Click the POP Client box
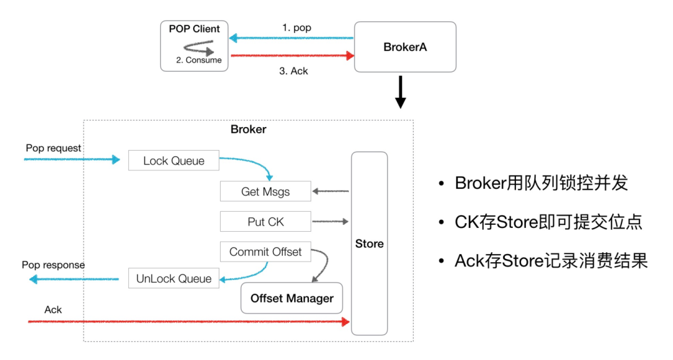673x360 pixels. [194, 46]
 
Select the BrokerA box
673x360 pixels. [405, 47]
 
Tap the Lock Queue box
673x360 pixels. [174, 161]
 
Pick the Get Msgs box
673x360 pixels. [265, 191]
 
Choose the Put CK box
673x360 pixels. [265, 221]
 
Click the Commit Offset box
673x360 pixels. [265, 252]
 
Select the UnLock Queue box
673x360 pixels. [174, 278]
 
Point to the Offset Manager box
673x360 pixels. [292, 298]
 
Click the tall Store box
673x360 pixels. [370, 244]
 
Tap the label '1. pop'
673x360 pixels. [297, 27]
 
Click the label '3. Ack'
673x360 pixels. [294, 71]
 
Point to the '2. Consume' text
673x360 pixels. [199, 60]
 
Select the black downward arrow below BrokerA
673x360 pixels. [401, 92]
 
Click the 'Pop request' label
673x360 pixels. [53, 148]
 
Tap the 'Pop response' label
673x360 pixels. [53, 265]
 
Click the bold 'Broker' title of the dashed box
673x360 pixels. [249, 129]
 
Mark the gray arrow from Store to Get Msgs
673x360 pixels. [330, 191]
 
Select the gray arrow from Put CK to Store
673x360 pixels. [330, 221]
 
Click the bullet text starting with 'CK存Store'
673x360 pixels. [548, 222]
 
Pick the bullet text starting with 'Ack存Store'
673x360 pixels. [551, 260]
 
